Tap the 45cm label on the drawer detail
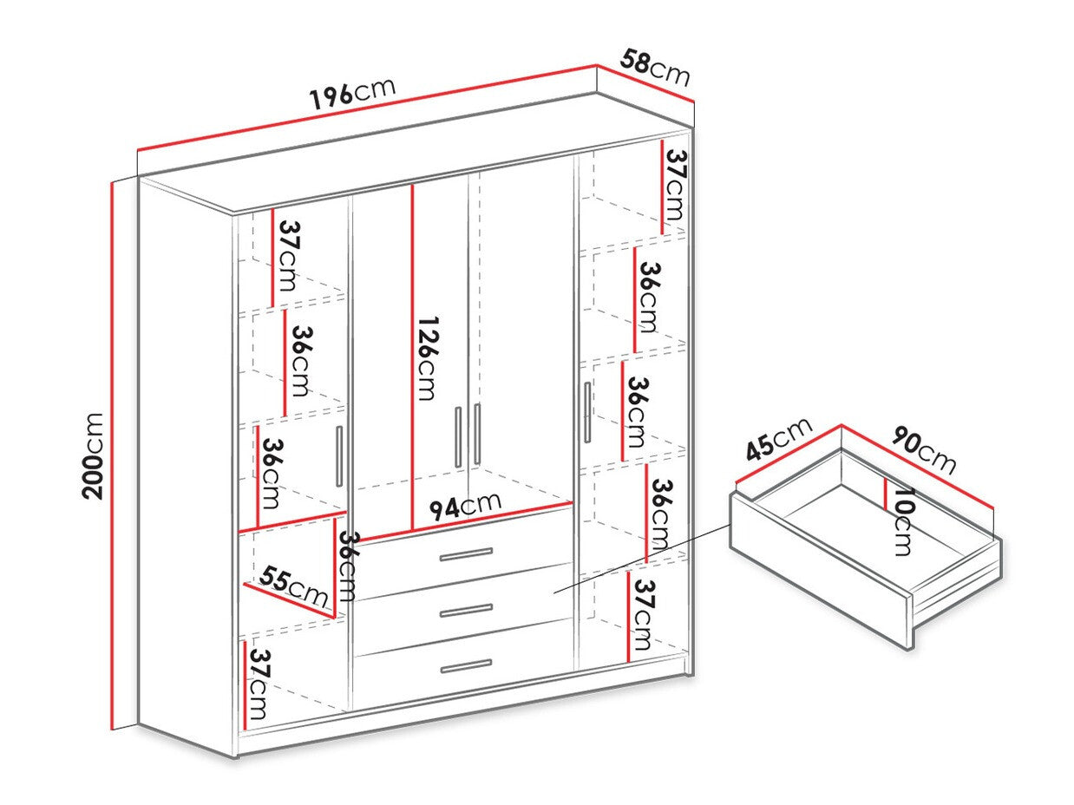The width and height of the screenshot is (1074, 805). coord(779,441)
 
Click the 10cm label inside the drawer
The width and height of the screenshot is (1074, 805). coord(902,520)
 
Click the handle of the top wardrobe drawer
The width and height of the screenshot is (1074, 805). coord(466,554)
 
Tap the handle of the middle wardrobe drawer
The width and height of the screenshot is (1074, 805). coord(466,611)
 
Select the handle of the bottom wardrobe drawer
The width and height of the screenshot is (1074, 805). coord(466,665)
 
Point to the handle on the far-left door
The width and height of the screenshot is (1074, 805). coord(340,456)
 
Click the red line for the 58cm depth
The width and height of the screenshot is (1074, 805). coord(646,84)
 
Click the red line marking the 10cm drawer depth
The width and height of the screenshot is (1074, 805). coord(884,494)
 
